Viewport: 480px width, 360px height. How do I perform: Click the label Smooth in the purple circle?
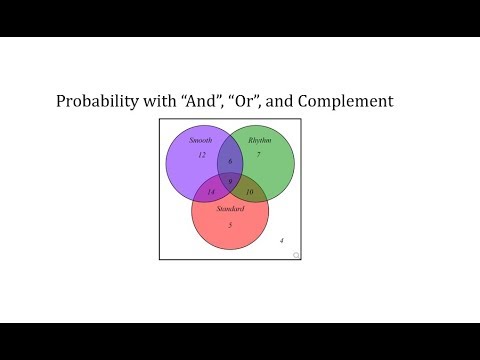200,140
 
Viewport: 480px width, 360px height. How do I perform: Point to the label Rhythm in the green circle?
259,140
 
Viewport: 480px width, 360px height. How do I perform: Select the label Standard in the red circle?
230,209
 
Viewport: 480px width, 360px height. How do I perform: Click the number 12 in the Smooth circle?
201,155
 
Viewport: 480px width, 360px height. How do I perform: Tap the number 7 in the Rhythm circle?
258,155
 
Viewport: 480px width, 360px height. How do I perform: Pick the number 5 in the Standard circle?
230,225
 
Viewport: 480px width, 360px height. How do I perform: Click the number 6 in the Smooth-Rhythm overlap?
230,161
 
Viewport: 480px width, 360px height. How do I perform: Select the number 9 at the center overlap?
230,180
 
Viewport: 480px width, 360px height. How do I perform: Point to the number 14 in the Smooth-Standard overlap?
211,191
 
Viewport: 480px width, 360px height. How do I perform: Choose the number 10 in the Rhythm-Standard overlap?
249,191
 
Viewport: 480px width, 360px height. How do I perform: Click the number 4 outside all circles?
281,241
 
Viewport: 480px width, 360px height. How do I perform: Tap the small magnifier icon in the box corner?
295,256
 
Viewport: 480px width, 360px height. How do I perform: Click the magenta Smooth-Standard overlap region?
206,187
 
